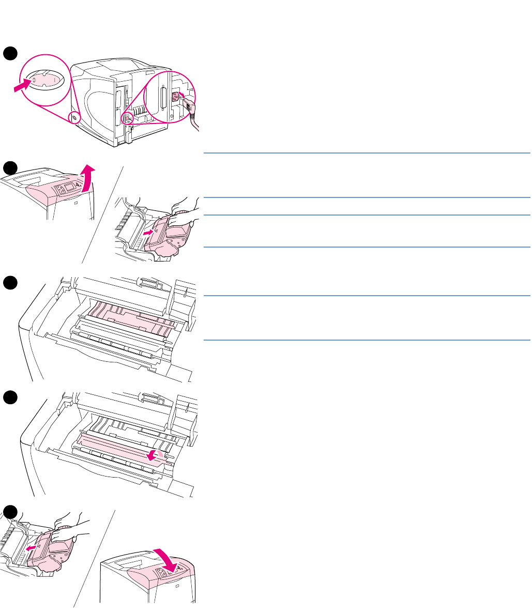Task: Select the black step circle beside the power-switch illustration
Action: point(9,53)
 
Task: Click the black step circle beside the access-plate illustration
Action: point(9,398)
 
